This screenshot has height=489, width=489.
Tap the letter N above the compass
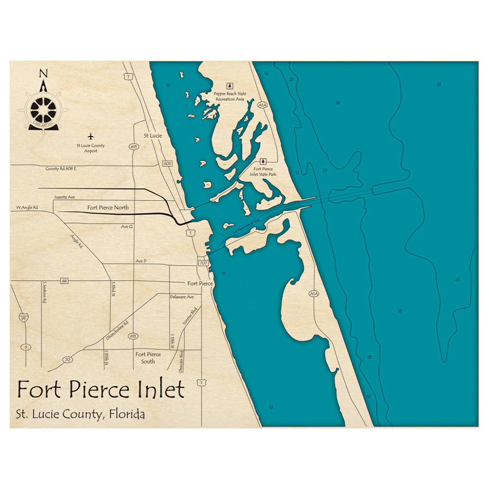(44, 74)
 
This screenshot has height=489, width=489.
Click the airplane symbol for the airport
(90, 135)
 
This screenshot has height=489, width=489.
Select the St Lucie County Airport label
(90, 148)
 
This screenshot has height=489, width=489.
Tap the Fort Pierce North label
(108, 207)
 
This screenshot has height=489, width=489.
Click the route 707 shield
(203, 263)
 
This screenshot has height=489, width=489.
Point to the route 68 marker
(64, 281)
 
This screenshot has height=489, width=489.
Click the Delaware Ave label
(182, 297)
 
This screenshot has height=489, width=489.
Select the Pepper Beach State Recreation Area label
(230, 96)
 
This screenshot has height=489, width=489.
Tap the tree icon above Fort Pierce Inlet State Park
(264, 160)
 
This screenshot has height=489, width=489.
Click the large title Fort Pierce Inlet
(101, 390)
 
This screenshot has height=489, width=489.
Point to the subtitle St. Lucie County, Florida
(81, 415)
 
